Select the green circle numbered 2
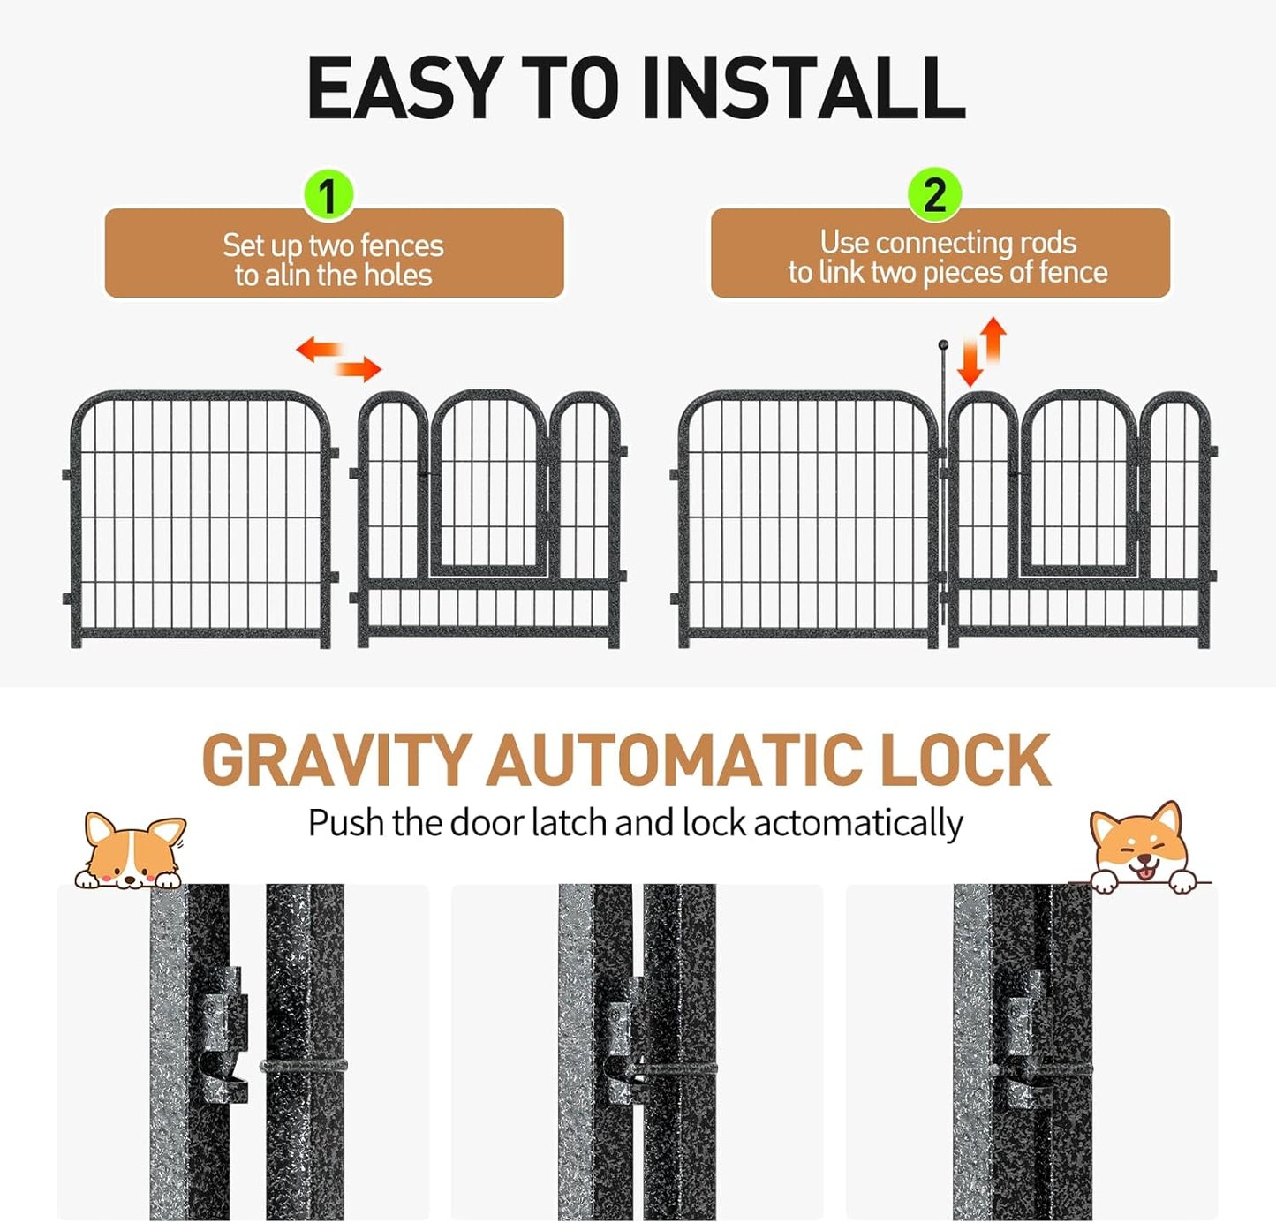tap(934, 194)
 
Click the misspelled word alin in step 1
tap(288, 276)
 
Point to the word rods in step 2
tap(1048, 243)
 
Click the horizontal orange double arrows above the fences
tap(338, 359)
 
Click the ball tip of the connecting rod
tap(943, 344)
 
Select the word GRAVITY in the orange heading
tap(336, 760)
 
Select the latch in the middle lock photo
tap(623, 1051)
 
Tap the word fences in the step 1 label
tap(402, 245)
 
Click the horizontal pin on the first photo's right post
tap(304, 1066)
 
